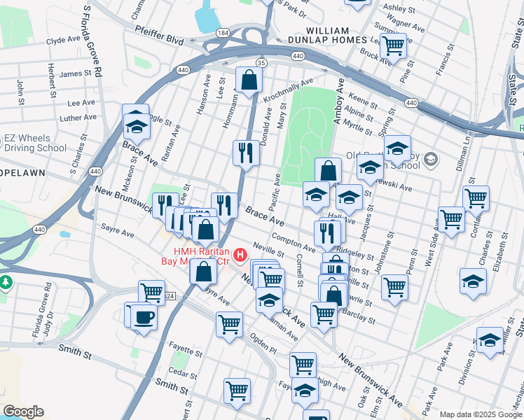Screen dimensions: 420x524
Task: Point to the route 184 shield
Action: (223, 33)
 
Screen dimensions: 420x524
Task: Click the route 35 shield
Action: (261, 63)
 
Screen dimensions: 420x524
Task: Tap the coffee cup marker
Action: (144, 316)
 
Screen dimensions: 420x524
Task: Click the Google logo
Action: (23, 412)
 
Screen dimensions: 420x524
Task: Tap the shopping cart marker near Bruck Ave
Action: (394, 45)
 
